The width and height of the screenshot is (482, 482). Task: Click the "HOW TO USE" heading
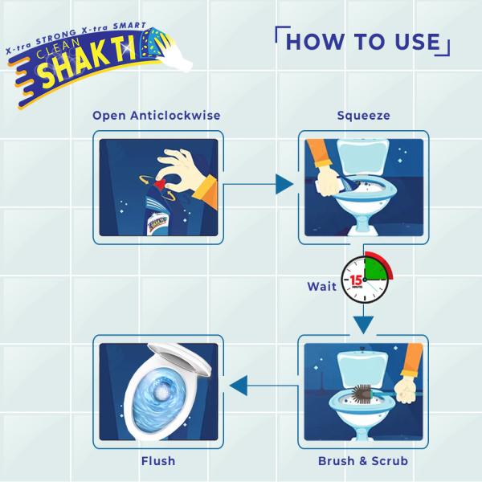pos(363,42)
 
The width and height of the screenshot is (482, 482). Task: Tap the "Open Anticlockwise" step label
pos(157,116)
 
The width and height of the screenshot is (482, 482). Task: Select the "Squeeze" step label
pos(363,116)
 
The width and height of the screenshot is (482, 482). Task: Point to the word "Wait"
pos(322,287)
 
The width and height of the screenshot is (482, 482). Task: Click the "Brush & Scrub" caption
pos(363,461)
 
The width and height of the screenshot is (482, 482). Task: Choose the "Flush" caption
pos(158,461)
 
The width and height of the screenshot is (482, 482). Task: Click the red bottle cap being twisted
pos(160,185)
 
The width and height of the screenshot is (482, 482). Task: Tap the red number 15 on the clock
pos(356,280)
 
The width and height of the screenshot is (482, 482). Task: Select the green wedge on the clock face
pos(375,269)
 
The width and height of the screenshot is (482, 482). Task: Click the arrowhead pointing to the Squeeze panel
pos(284,184)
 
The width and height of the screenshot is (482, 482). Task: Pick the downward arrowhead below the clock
pos(363,325)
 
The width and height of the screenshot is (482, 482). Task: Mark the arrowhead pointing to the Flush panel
pos(239,386)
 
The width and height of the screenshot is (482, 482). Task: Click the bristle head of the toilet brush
pos(361,394)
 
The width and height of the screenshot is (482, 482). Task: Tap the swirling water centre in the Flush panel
pos(160,392)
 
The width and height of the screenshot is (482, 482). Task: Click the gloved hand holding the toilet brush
pos(406,390)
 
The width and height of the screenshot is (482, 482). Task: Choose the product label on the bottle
pos(157,222)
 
